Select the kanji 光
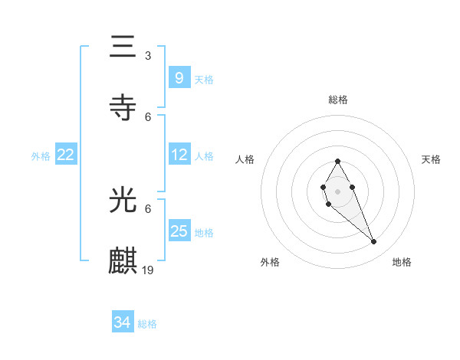[123, 201]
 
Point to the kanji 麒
[123, 260]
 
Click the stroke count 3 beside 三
[148, 56]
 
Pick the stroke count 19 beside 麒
[149, 270]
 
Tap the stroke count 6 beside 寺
[148, 116]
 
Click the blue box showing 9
[179, 77]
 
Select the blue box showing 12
[179, 155]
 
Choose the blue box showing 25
[179, 231]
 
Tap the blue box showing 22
[66, 155]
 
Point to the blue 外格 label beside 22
[41, 156]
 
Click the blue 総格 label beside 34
[147, 324]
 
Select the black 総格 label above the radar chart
[337, 100]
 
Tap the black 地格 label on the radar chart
[402, 262]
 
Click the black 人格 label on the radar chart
[245, 159]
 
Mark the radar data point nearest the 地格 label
[373, 242]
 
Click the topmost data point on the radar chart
[337, 162]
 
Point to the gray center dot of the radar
[337, 190]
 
